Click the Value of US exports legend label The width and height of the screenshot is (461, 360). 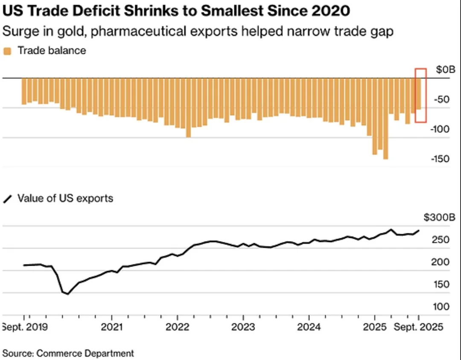[65, 198]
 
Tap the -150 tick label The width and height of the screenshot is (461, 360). [440, 159]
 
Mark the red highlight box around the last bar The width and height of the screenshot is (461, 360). [421, 95]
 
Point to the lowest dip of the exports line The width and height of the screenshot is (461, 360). [67, 294]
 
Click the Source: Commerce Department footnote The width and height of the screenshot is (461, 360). [68, 353]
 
